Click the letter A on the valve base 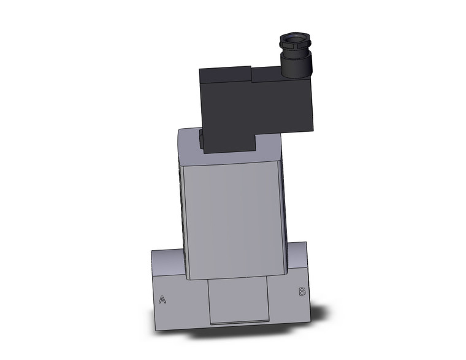pos(162,300)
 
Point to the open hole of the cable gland pos(294,45)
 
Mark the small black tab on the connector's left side pos(202,139)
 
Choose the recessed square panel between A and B pos(239,300)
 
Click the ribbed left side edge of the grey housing pos(181,202)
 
